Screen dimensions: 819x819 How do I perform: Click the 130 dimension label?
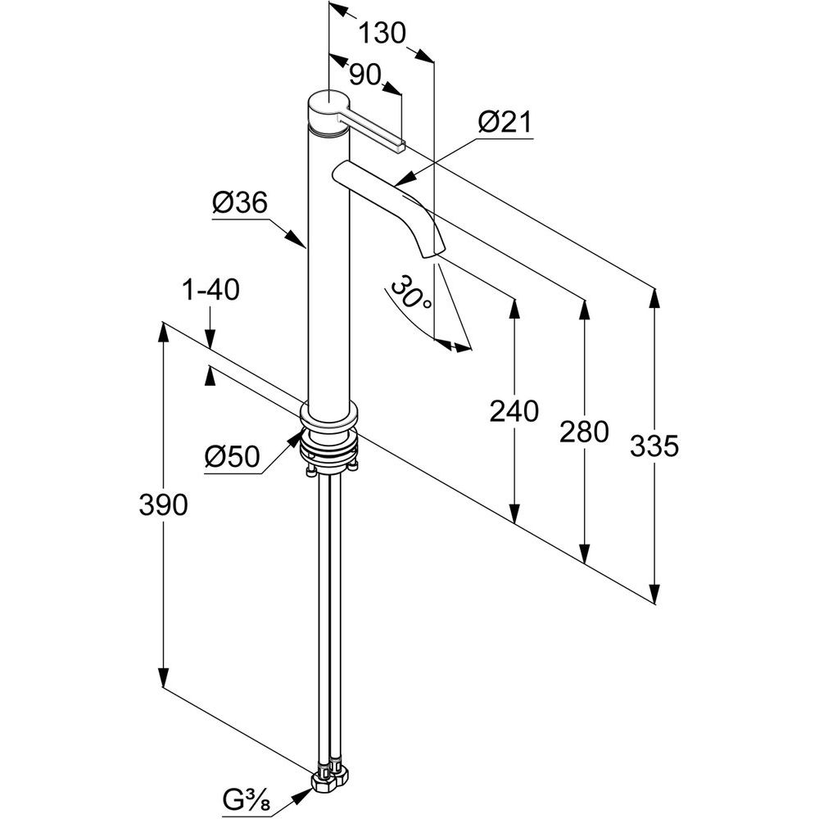tap(382, 34)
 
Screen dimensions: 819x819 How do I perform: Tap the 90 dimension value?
tap(364, 75)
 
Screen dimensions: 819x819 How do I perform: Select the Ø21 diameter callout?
tap(505, 123)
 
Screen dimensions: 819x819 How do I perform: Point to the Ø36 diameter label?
tap(240, 202)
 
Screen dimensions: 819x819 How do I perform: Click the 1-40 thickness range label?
tap(210, 289)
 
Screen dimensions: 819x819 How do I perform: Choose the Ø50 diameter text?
tap(233, 457)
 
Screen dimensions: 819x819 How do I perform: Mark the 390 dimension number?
tap(164, 505)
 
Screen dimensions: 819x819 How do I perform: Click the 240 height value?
tap(514, 411)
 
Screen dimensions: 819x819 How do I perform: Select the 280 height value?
tap(584, 432)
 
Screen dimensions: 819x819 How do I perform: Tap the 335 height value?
tap(654, 446)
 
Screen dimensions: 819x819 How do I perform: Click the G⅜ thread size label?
tap(247, 799)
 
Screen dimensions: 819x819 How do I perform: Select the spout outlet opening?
tap(432, 254)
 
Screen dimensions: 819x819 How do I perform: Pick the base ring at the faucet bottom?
tap(329, 416)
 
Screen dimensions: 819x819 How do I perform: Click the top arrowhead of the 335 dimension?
tap(654, 300)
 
